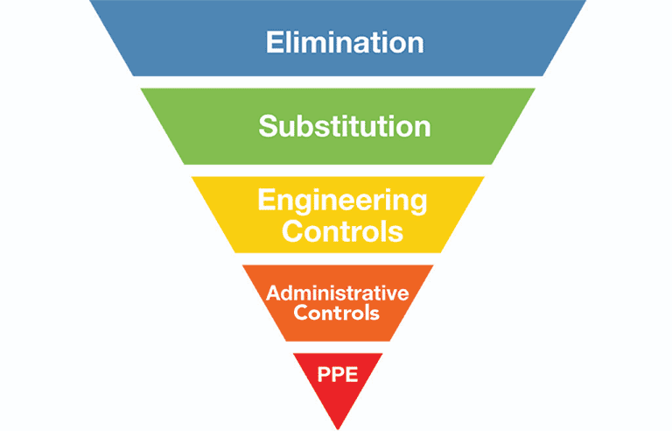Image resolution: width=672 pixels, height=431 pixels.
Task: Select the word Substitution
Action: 344,126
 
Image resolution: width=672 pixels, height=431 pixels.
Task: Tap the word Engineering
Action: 342,201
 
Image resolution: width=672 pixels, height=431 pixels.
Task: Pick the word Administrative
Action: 337,293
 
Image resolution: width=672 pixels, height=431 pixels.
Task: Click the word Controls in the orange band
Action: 337,312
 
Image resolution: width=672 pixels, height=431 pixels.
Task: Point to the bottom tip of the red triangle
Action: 337,428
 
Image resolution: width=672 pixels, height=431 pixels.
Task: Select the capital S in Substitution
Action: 268,126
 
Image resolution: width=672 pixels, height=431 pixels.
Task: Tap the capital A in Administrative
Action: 272,293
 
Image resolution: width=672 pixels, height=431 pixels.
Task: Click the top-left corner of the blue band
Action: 89,1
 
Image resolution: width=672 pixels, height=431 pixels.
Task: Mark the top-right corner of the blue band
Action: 585,1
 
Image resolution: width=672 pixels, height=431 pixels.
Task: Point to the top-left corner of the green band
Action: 140,88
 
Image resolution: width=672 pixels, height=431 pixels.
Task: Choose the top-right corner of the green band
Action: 535,88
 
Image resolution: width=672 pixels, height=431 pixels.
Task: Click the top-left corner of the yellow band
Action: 192,177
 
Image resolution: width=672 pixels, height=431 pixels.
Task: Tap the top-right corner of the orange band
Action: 433,265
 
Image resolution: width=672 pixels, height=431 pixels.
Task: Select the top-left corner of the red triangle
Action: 292,353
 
